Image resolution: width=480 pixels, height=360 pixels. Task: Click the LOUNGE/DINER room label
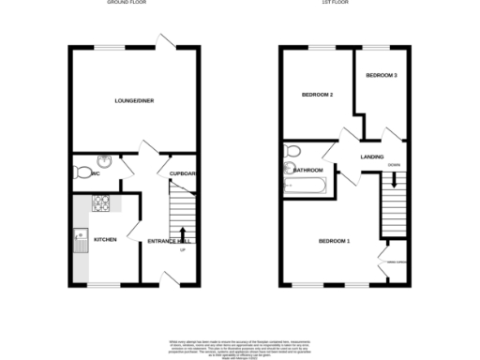[x=133, y=100]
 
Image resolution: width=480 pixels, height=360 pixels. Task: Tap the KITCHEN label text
[x=105, y=240]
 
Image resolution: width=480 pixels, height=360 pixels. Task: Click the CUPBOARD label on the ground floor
[x=182, y=173]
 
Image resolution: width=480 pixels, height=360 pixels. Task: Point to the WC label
[x=97, y=172]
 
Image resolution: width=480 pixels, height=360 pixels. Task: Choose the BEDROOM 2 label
[x=318, y=94]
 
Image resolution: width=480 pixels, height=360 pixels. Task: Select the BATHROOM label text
[x=308, y=171]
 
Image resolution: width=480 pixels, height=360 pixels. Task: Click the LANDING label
[x=373, y=157]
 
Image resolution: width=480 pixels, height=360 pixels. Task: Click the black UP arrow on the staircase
[x=182, y=233]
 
